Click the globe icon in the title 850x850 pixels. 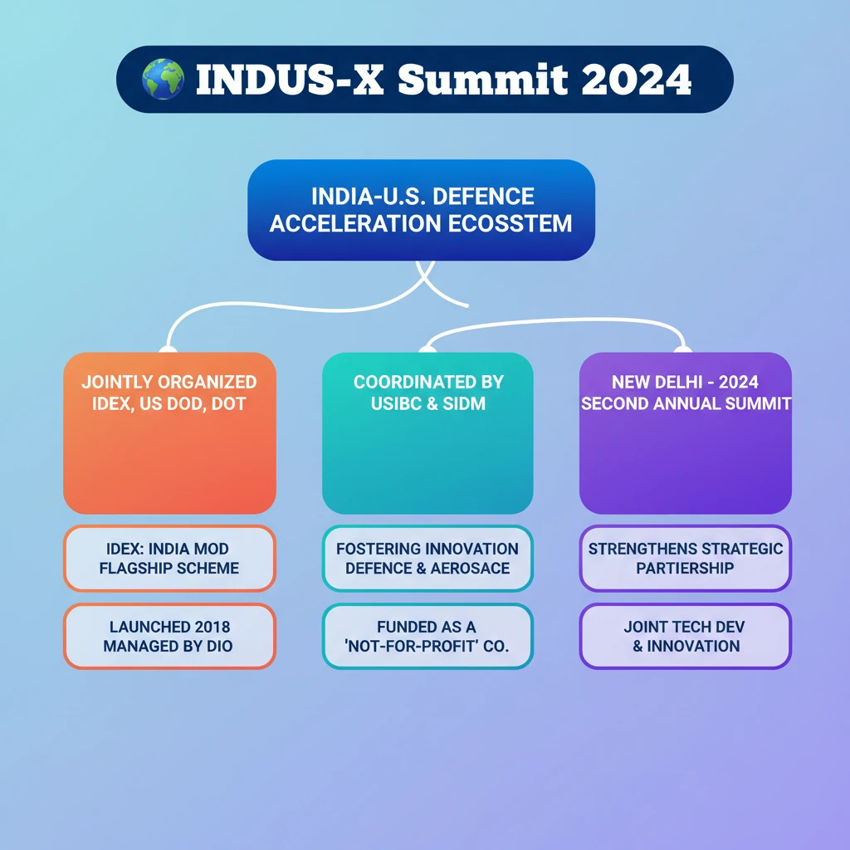[163, 80]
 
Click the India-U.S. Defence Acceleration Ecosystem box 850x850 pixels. [421, 210]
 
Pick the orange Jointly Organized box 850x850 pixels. [169, 432]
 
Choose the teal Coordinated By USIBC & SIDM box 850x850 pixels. [427, 432]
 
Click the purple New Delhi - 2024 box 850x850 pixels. [685, 432]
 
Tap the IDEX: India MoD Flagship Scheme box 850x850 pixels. [169, 559]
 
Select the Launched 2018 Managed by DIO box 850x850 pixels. [169, 636]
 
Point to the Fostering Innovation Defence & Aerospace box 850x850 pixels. [427, 559]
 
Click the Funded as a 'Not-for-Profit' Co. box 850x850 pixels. [427, 636]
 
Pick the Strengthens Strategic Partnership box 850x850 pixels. [685, 559]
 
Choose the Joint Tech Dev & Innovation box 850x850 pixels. [685, 636]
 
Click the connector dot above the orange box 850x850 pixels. [169, 349]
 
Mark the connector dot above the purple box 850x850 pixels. [685, 349]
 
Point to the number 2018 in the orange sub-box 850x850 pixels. [200, 627]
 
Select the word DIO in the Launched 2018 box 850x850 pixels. [217, 646]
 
